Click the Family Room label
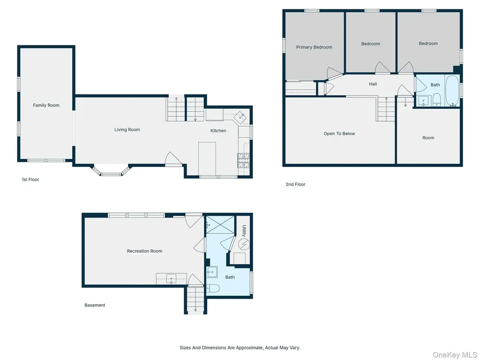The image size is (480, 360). click(x=46, y=105)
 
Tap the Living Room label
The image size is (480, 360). click(x=127, y=130)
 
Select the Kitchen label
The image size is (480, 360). click(x=218, y=131)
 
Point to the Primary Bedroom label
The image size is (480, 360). click(x=314, y=47)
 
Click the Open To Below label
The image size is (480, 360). click(x=339, y=134)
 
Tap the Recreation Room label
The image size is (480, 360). click(x=144, y=251)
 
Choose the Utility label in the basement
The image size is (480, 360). click(x=244, y=231)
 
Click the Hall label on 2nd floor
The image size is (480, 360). click(x=373, y=84)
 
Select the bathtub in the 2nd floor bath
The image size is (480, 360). click(x=452, y=90)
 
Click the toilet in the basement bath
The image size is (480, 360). click(x=213, y=288)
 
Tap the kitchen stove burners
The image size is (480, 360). click(x=243, y=160)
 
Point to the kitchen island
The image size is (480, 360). click(x=207, y=158)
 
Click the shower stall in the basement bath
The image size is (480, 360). click(x=220, y=225)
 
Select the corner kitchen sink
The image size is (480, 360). click(x=240, y=117)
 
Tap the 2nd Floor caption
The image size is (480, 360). click(x=295, y=184)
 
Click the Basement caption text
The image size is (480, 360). click(x=95, y=305)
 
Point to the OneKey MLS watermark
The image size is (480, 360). click(x=455, y=355)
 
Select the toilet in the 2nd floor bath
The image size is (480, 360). click(x=436, y=100)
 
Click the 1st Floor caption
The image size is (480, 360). click(x=30, y=180)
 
